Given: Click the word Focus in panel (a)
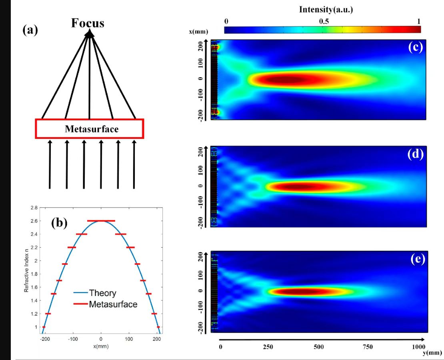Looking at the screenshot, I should click(88, 23).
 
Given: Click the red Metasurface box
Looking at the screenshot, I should click(89, 129).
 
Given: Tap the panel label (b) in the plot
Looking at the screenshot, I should click(60, 223).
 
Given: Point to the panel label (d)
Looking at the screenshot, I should click(415, 154).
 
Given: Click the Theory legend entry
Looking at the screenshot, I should click(102, 293).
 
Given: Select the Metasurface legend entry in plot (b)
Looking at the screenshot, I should click(113, 304).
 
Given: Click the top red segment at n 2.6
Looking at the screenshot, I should click(101, 221).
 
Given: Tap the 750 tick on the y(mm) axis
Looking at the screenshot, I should click(367, 347).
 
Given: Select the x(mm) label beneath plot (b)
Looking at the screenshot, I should click(101, 346).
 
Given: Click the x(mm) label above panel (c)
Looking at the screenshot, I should click(199, 31).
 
